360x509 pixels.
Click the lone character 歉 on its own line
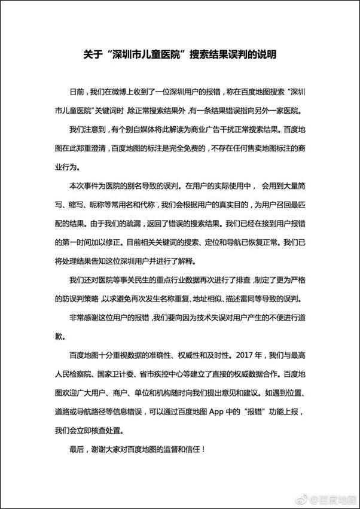click(x=58, y=336)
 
